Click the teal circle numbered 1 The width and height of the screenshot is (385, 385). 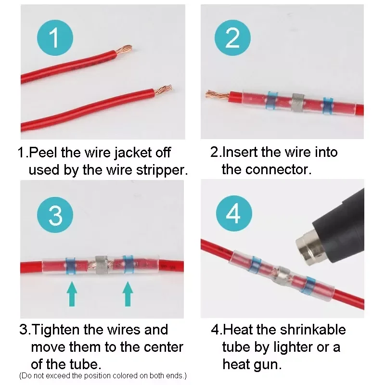[55, 38]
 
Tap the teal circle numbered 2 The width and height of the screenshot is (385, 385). [232, 38]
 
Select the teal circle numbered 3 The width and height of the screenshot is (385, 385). [55, 215]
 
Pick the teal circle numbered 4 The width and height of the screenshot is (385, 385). [234, 213]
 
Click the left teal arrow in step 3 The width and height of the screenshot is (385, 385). [72, 294]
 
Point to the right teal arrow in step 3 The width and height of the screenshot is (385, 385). [128, 294]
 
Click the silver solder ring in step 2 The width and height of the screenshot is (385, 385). [298, 103]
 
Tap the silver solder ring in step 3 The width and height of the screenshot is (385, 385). [102, 265]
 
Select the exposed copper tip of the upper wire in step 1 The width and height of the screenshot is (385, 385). [124, 50]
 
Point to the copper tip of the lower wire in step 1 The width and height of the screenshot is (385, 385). [163, 90]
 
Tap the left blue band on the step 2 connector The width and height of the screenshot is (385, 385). [272, 100]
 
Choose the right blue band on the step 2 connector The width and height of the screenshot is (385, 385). [328, 106]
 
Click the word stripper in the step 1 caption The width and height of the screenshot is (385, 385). [162, 170]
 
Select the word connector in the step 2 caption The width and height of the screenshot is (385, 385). [278, 169]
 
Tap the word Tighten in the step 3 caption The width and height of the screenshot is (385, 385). [56, 330]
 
